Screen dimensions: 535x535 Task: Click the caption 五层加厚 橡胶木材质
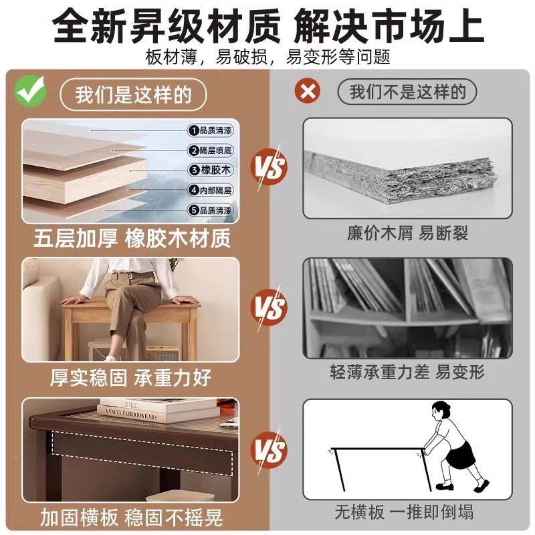point(132,238)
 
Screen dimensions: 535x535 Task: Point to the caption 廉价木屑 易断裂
point(407,233)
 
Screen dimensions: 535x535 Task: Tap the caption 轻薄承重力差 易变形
point(407,372)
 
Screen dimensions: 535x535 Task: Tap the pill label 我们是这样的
point(132,94)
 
